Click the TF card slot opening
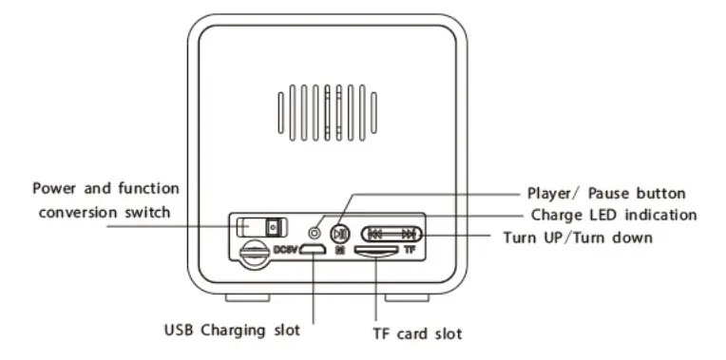click(x=377, y=251)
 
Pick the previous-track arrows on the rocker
click(x=376, y=232)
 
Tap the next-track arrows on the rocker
click(x=408, y=232)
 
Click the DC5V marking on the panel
click(x=286, y=250)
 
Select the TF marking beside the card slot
click(x=410, y=251)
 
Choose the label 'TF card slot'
click(x=418, y=334)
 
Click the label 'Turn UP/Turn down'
click(x=577, y=237)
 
